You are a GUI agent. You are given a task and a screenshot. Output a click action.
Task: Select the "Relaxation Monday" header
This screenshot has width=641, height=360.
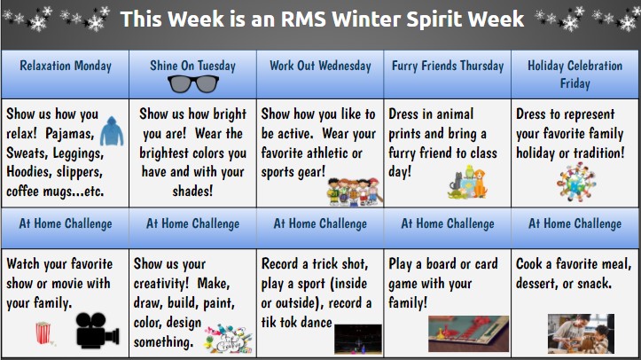click(x=65, y=66)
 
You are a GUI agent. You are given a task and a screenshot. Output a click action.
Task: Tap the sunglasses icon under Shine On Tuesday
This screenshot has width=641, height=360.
click(x=192, y=83)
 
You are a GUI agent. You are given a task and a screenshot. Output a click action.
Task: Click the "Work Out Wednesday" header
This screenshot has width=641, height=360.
click(x=319, y=66)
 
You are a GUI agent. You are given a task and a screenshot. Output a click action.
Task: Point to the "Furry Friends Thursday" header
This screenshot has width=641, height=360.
click(x=447, y=66)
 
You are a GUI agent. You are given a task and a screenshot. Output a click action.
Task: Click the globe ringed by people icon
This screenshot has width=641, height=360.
click(x=575, y=183)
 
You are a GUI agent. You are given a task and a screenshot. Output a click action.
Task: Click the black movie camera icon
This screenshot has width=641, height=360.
click(x=96, y=330)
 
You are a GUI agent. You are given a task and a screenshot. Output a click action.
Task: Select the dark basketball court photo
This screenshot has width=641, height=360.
click(x=357, y=338)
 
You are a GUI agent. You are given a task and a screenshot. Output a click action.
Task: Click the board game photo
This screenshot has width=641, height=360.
click(x=468, y=334)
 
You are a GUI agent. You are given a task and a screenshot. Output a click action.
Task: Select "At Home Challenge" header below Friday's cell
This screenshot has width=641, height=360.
click(x=575, y=223)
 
